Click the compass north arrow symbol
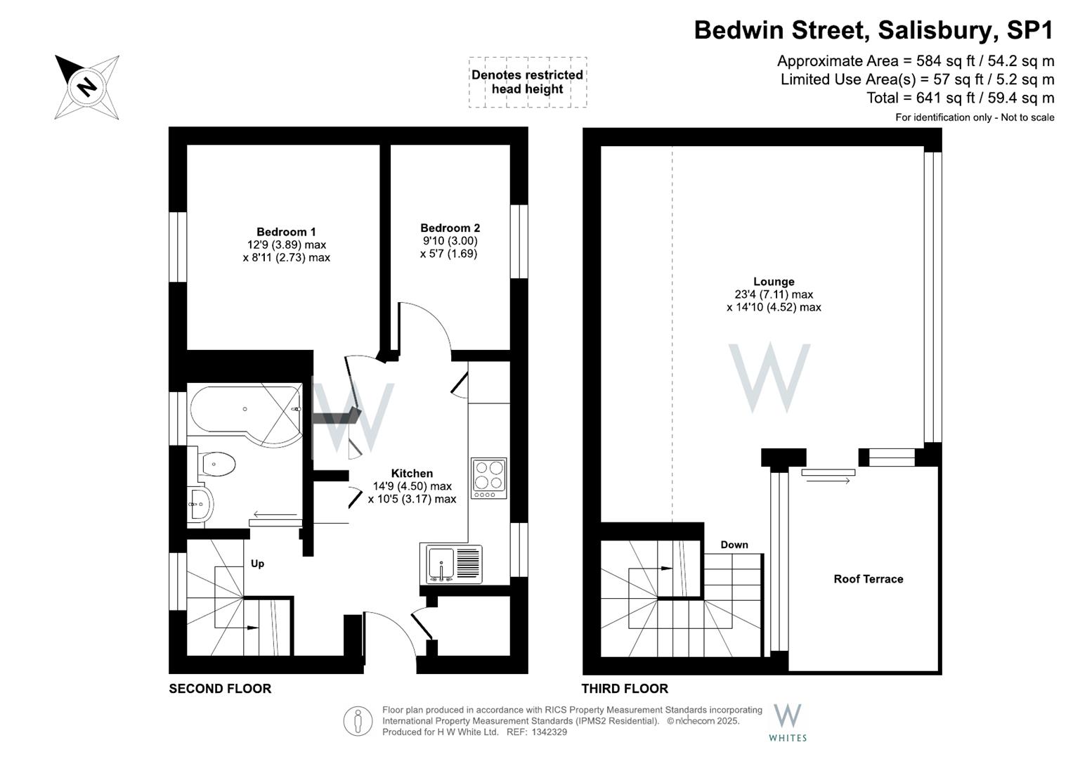coord(87,87)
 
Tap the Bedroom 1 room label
coord(286,232)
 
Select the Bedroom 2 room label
coord(450,228)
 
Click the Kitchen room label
coord(412,473)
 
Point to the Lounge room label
coord(774,282)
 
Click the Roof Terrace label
coord(868,579)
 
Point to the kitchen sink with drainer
coord(452,563)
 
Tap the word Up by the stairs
coord(257,564)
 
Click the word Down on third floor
coord(734,545)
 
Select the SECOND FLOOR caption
coord(220,689)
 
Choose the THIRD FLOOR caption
coord(625,689)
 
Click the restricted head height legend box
coord(527,82)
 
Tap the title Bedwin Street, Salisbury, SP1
coord(873,30)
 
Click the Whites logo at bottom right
coord(787,722)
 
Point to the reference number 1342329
coord(549,732)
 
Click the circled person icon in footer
coord(358,721)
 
